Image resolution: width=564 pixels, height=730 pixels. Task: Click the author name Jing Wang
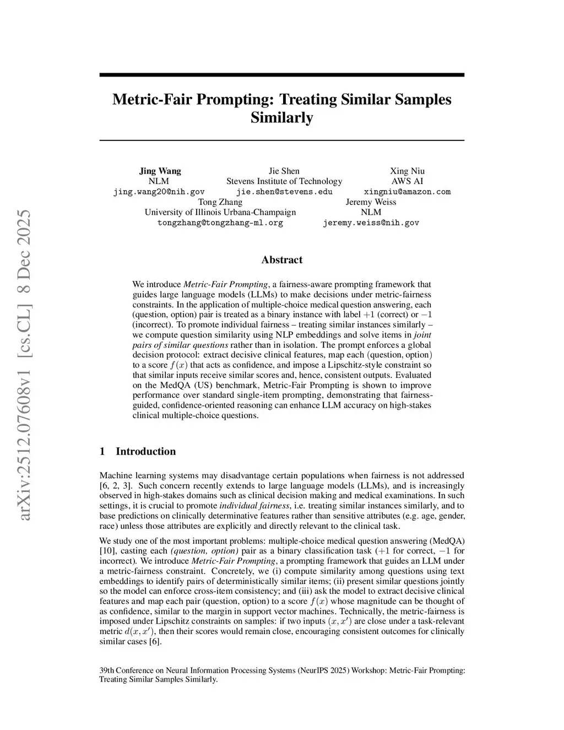160,171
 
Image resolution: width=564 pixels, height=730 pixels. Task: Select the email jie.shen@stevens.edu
284,192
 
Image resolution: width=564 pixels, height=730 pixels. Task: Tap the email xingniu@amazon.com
407,192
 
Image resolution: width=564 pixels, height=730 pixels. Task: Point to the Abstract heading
281,259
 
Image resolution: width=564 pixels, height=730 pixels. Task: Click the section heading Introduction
145,451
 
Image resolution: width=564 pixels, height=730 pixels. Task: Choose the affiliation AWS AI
407,181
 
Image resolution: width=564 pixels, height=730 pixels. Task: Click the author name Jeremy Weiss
371,202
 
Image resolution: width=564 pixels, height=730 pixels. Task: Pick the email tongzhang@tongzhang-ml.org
220,223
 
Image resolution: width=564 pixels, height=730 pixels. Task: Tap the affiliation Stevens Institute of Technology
284,181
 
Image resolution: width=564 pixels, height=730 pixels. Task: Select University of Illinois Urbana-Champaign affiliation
220,212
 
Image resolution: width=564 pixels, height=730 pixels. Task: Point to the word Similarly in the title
281,118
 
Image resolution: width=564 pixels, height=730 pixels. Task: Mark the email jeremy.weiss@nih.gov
371,223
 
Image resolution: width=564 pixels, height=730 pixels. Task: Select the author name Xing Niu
407,171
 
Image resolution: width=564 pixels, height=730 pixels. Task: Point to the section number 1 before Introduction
102,451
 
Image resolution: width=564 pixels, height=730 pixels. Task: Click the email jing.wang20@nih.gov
159,192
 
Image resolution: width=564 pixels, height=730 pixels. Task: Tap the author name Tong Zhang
220,202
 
